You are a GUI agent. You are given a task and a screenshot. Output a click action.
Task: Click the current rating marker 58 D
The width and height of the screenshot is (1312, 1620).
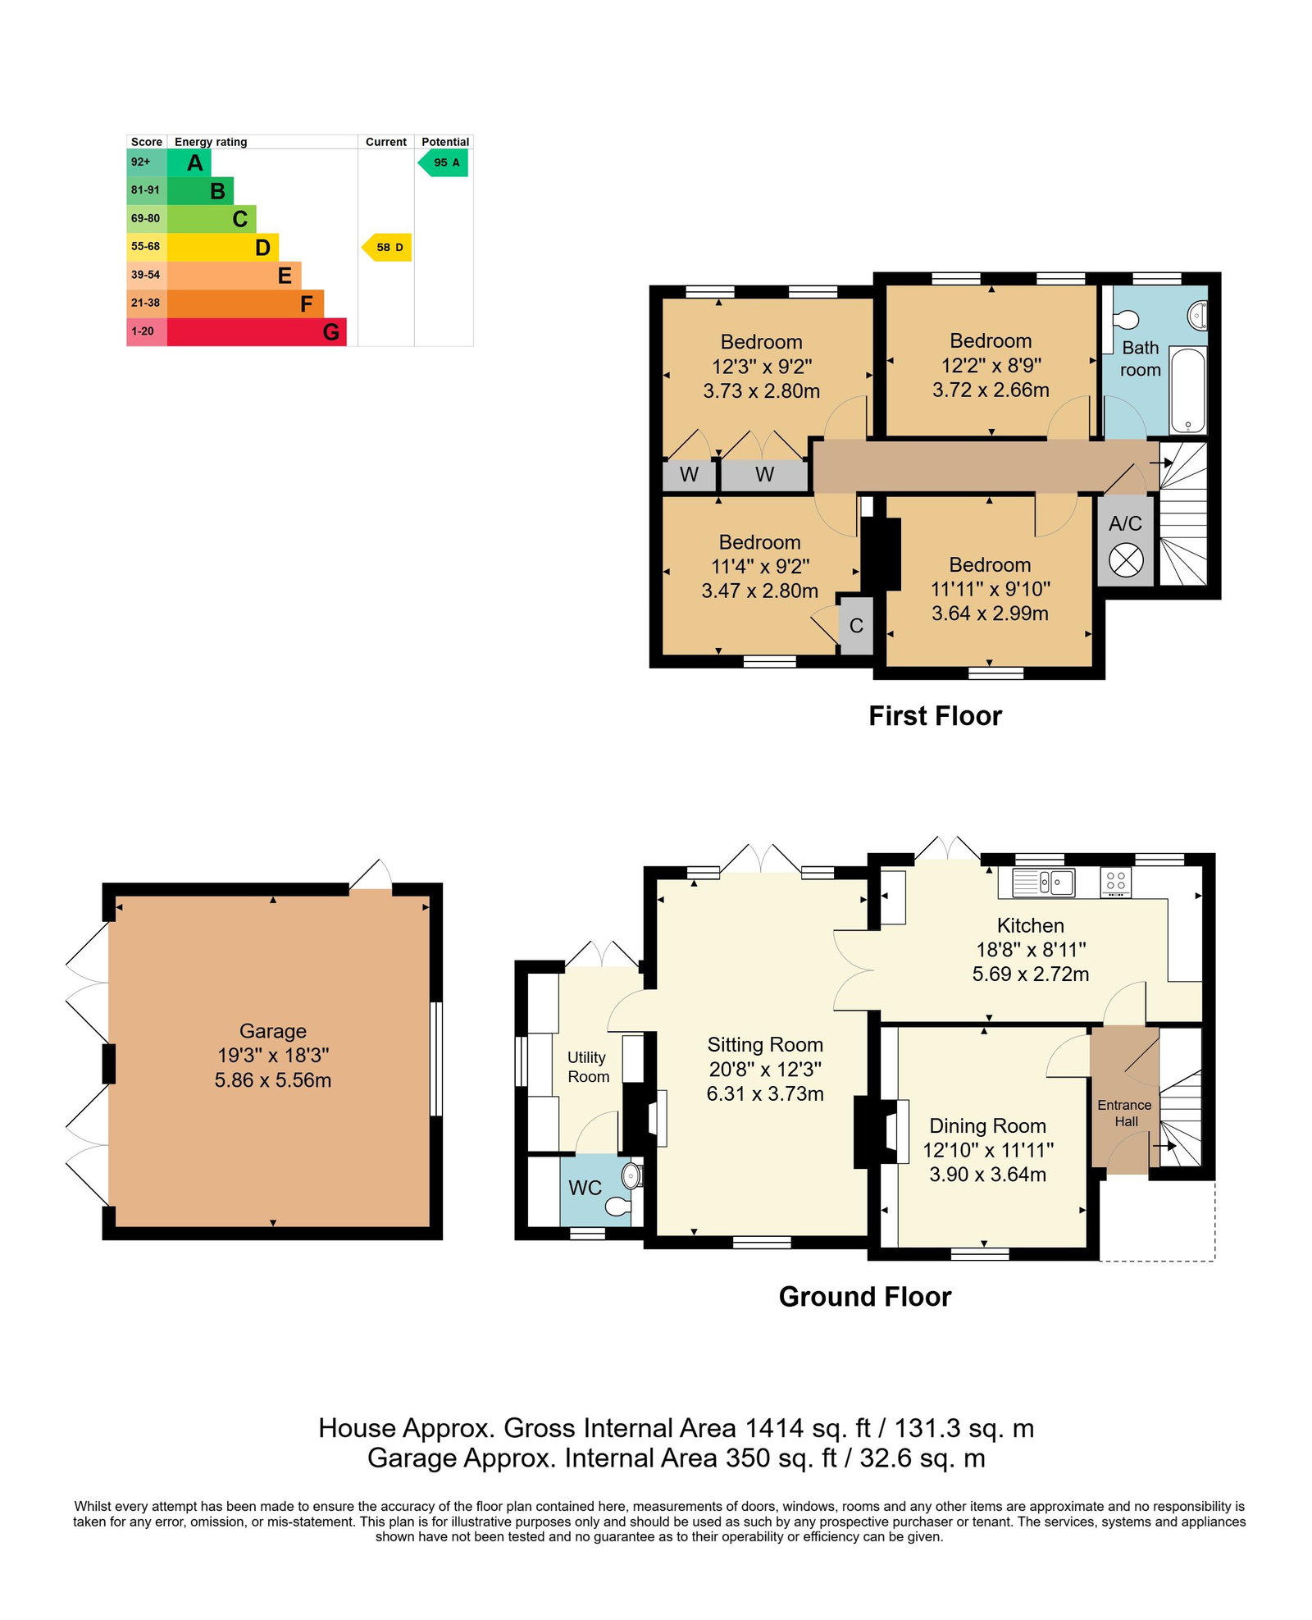tap(387, 247)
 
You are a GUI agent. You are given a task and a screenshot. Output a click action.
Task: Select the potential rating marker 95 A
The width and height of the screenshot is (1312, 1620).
tap(444, 162)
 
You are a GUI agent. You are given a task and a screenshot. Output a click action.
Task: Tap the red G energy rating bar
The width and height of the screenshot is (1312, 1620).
tap(257, 331)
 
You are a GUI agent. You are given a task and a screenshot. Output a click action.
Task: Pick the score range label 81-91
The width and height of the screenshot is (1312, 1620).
tap(146, 190)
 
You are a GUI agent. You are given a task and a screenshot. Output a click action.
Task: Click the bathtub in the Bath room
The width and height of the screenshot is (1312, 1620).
tap(1187, 390)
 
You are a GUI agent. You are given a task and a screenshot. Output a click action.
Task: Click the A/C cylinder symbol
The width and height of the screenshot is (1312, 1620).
tap(1126, 561)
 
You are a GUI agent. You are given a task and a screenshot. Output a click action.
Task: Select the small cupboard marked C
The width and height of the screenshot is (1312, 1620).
tap(856, 625)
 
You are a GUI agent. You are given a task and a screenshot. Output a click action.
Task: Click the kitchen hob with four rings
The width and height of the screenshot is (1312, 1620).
tap(1115, 882)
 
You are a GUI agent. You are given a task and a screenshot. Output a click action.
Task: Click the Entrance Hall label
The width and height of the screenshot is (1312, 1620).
tap(1124, 1113)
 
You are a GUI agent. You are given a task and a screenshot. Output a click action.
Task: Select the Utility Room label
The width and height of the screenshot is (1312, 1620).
tap(588, 1067)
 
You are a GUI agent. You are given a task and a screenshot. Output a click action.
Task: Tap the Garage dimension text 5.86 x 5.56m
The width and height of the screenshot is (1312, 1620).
tap(273, 1080)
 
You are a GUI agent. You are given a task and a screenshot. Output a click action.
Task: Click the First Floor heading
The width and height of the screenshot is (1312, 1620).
tap(935, 716)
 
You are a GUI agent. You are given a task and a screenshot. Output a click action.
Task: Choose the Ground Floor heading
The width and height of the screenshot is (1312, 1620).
tap(864, 1297)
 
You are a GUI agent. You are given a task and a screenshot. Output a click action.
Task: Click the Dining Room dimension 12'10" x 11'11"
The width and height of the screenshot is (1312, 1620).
tap(988, 1150)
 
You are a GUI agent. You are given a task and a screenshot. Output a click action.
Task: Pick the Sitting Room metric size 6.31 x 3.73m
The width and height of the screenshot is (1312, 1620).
tap(765, 1093)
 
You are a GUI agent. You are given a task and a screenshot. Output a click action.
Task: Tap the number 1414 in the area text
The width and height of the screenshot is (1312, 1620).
tap(773, 1428)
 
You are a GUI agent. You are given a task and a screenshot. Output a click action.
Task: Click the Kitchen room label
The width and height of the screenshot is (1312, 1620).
tap(1030, 925)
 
